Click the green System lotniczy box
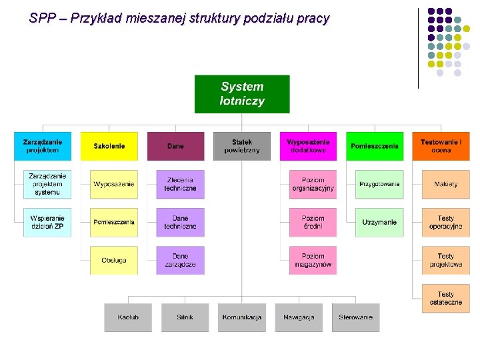(x=242, y=94)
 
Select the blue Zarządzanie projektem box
(x=43, y=146)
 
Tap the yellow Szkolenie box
(x=109, y=146)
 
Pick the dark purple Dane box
(x=175, y=146)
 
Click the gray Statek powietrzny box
(x=242, y=146)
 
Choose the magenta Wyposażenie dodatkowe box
(x=308, y=146)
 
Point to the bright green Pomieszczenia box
(x=375, y=146)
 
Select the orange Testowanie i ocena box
(x=441, y=146)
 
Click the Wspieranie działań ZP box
(x=47, y=222)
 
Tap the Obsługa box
(x=114, y=260)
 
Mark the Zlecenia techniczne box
(x=180, y=184)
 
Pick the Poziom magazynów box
(x=313, y=260)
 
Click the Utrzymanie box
(x=379, y=222)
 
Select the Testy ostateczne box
(x=445, y=298)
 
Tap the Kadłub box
(x=128, y=317)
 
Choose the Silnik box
(x=185, y=317)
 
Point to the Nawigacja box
(x=299, y=317)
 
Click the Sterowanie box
(x=355, y=317)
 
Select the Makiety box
(x=445, y=184)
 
